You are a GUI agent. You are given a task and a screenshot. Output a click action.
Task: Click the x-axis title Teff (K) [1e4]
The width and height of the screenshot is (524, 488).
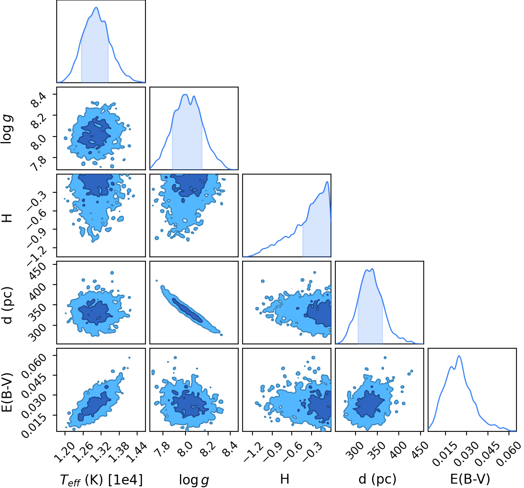101,479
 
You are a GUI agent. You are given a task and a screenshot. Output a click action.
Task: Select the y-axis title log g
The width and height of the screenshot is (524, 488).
7,129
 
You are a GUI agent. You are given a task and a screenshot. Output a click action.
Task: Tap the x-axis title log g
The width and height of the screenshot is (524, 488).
194,480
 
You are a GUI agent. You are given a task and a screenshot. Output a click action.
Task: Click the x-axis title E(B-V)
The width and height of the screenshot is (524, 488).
470,479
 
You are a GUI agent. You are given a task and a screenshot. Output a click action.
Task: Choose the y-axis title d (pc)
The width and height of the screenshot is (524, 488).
8,305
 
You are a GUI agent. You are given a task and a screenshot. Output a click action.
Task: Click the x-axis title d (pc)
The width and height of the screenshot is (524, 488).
378,479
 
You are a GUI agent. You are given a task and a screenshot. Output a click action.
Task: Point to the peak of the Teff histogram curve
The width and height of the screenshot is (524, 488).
96,7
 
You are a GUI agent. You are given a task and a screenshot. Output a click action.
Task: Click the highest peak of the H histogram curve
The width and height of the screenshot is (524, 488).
327,181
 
